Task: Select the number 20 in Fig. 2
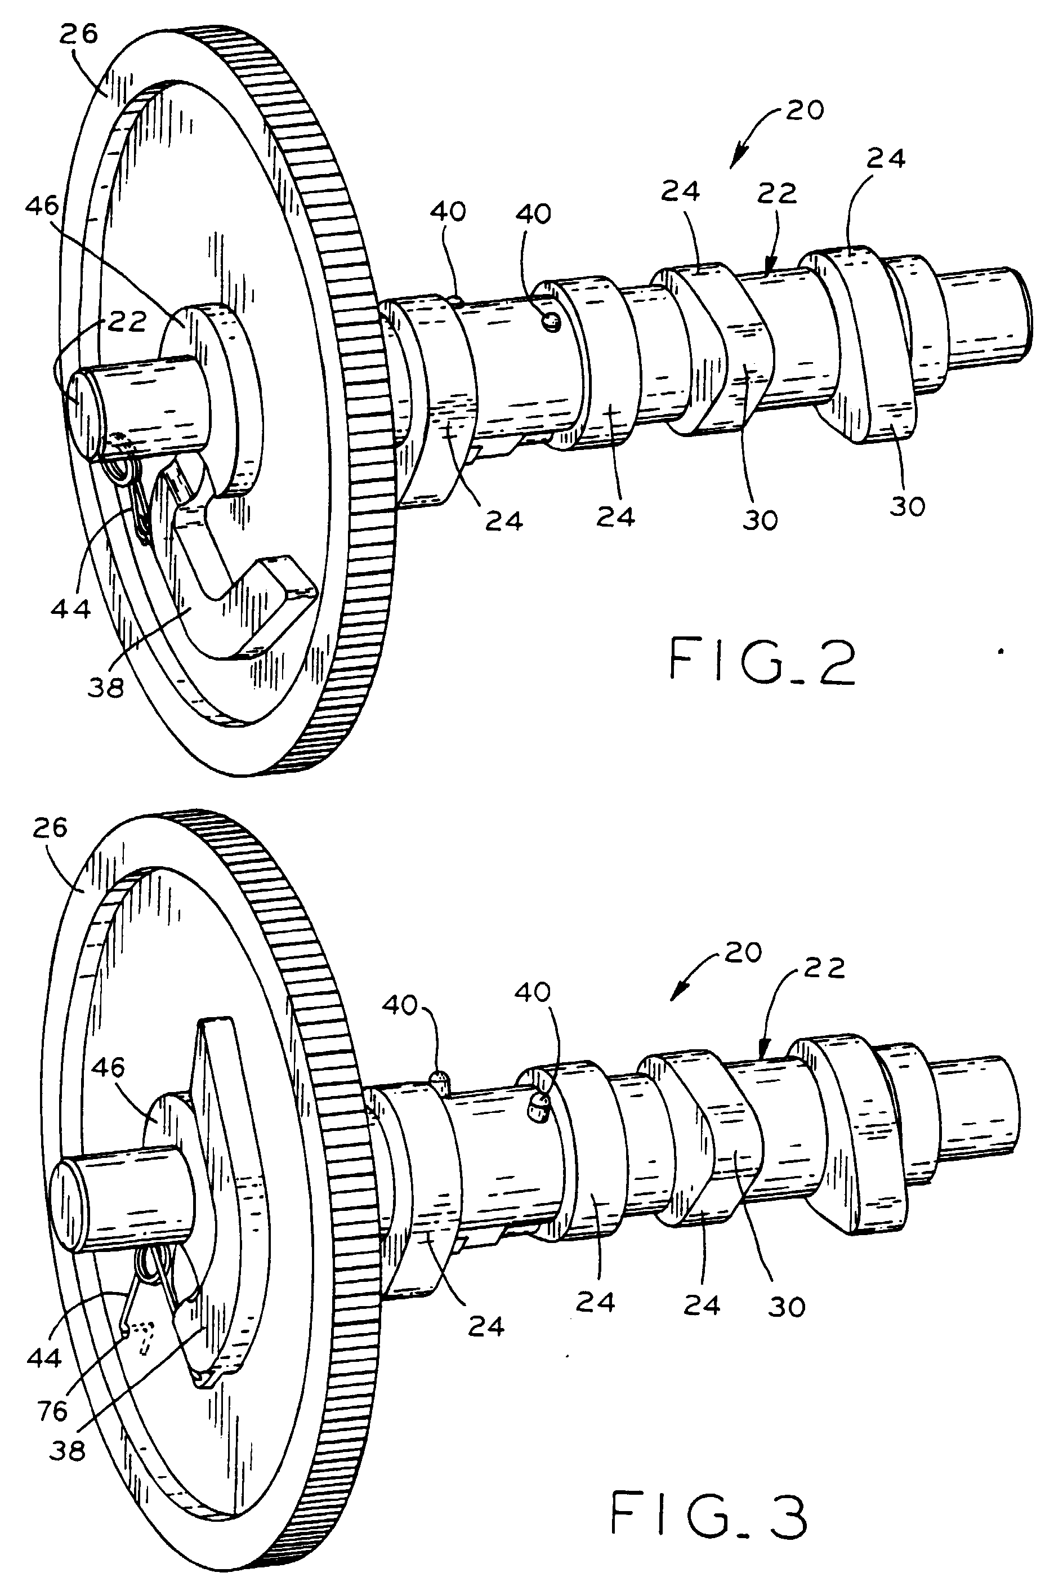pyautogui.click(x=805, y=110)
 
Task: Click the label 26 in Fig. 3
pyautogui.click(x=51, y=827)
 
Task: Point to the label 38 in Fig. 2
pyautogui.click(x=106, y=688)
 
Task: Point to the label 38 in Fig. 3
pyautogui.click(x=67, y=1450)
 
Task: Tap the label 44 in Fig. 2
pyautogui.click(x=70, y=608)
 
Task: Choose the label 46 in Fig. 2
pyautogui.click(x=43, y=206)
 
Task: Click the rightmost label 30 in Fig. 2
pyautogui.click(x=907, y=506)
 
